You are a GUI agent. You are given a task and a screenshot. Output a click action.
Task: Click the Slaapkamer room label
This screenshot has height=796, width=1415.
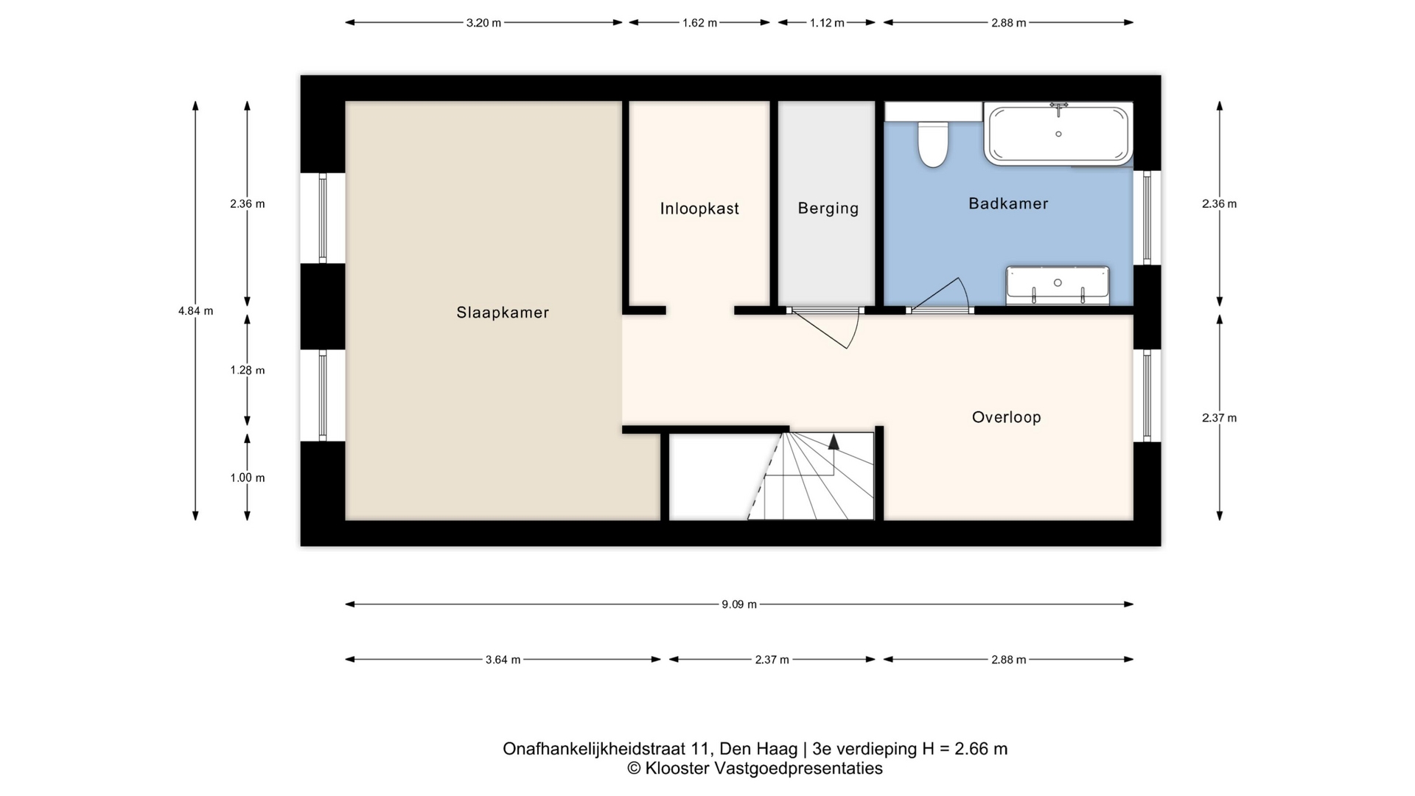[x=503, y=313]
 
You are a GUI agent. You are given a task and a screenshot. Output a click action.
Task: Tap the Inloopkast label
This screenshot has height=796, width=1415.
[x=699, y=209]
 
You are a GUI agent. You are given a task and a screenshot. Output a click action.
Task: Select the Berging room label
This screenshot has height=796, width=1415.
[x=828, y=209]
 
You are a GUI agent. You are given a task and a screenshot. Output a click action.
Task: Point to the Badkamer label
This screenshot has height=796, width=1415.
[x=1008, y=203]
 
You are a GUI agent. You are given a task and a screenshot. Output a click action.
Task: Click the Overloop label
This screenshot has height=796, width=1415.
[x=1007, y=417]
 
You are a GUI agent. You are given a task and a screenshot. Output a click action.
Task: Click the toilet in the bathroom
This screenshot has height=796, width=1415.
[x=933, y=144]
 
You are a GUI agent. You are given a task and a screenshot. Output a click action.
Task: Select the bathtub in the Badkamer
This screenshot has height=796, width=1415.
[x=1058, y=133]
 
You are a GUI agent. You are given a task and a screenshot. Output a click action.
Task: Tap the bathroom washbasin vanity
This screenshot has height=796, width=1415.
[x=1058, y=285]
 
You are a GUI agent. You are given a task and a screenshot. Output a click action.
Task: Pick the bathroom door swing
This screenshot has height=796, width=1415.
[x=940, y=295]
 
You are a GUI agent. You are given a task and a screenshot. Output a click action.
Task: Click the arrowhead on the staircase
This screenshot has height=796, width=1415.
[x=834, y=441]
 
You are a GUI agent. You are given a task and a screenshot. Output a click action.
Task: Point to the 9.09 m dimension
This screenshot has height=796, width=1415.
[x=739, y=604]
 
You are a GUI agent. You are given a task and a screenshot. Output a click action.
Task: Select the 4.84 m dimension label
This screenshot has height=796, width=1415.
[x=195, y=311]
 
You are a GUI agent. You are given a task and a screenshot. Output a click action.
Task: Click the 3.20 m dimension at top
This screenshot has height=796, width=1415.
[x=483, y=23]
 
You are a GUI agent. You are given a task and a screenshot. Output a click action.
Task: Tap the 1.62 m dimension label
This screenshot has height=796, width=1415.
[x=699, y=23]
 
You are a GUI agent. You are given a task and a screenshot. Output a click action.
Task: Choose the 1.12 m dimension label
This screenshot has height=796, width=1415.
[x=827, y=23]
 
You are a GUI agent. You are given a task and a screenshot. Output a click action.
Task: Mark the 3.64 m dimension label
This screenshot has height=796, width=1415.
[x=503, y=660]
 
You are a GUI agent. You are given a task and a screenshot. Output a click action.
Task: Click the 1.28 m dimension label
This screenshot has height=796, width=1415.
[x=248, y=370]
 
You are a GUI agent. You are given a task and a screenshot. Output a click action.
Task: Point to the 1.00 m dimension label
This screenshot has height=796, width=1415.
[x=248, y=478]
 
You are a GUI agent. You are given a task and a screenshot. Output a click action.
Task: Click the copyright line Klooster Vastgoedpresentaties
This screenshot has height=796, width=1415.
[x=755, y=768]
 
